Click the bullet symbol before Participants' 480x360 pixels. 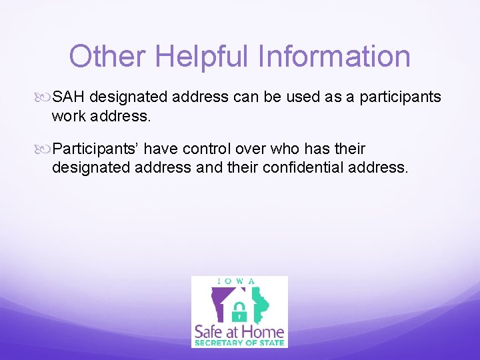coord(45,149)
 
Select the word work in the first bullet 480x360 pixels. coord(69,116)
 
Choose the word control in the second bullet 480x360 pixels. coord(209,148)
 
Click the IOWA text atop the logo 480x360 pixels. coord(239,281)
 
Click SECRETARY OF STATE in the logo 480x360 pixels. coord(239,343)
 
